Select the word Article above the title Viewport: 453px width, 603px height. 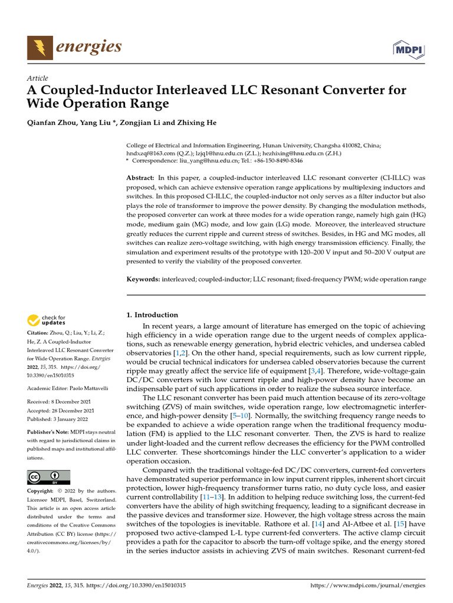pos(38,78)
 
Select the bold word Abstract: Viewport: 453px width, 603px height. pos(142,177)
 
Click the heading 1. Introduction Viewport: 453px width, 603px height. pos(153,315)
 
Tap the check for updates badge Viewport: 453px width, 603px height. pos(47,321)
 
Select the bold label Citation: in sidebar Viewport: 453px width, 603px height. pos(40,333)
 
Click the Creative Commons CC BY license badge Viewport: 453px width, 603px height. pos(49,476)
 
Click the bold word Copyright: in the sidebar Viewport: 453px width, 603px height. pos(42,491)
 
